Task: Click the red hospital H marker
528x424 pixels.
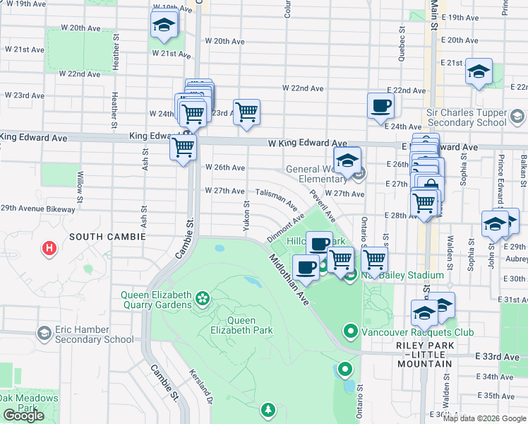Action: tap(49, 248)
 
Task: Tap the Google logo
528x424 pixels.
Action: tap(23, 416)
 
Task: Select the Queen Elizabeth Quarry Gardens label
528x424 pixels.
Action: tap(156, 300)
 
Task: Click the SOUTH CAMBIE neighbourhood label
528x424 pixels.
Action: tap(107, 237)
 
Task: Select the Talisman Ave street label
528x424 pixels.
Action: tap(276, 198)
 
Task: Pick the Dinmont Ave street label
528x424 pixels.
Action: tap(285, 228)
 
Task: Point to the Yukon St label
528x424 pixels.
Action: tap(246, 216)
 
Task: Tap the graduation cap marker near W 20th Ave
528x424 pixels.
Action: tap(164, 25)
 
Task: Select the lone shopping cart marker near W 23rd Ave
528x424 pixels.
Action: tap(246, 112)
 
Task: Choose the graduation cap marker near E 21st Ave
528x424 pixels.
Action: tap(479, 72)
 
